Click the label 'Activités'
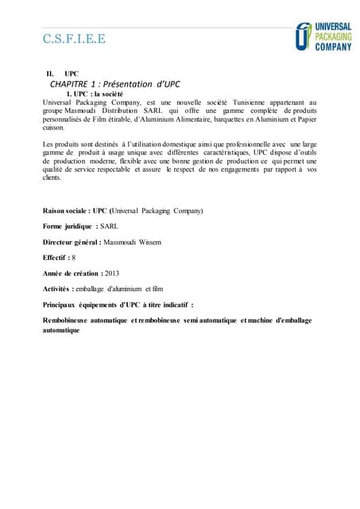click(x=57, y=288)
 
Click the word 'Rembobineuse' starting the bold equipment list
click(x=72, y=320)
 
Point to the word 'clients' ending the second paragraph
click(x=52, y=177)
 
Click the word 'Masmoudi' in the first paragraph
click(x=87, y=111)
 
